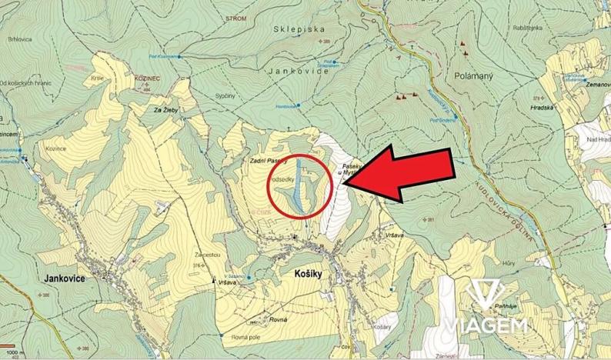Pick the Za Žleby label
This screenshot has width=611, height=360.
tap(167, 111)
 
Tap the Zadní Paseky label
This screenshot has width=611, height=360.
tap(267, 162)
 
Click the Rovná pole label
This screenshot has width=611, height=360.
tap(245, 337)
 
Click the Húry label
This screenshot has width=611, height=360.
tap(508, 262)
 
